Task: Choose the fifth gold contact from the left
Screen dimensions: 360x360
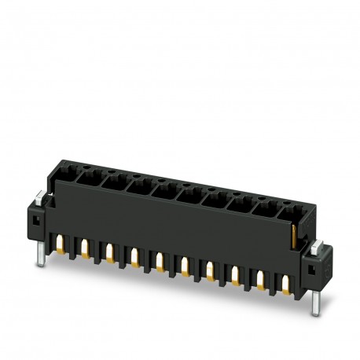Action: (x=160, y=260)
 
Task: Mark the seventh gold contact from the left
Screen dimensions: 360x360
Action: (x=210, y=269)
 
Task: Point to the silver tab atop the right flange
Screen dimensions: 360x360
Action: (x=317, y=246)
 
